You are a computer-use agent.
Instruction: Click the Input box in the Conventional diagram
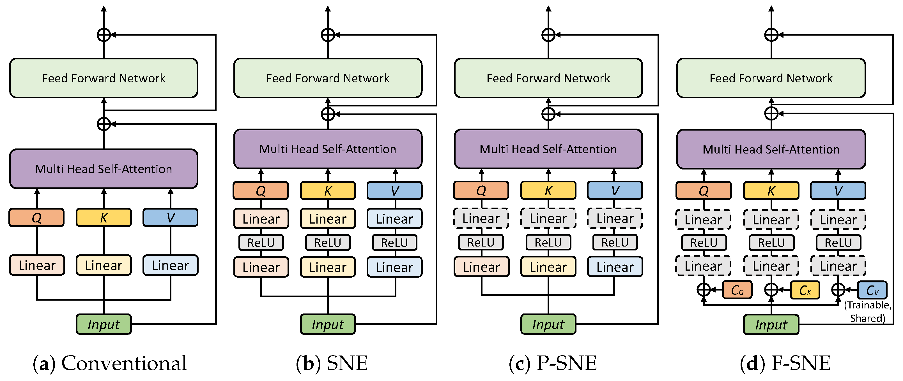(x=104, y=324)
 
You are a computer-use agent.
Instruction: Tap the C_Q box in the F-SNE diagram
(x=737, y=290)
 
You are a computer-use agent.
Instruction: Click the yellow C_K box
(x=805, y=290)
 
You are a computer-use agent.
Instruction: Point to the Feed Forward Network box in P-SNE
(x=548, y=78)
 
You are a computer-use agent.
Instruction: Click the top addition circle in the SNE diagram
(x=328, y=35)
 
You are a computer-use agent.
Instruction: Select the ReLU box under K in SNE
(x=327, y=242)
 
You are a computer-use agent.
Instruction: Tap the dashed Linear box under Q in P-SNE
(x=481, y=218)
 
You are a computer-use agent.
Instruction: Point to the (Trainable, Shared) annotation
(x=867, y=312)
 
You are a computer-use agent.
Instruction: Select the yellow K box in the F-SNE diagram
(x=771, y=190)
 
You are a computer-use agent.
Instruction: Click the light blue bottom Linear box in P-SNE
(x=615, y=267)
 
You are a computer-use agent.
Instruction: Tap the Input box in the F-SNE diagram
(x=771, y=325)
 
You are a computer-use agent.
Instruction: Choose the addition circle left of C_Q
(x=703, y=290)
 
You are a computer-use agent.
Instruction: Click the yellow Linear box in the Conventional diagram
(x=104, y=265)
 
